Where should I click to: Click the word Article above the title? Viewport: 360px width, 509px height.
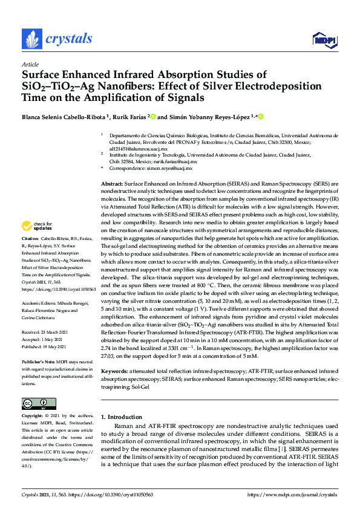(x=30, y=64)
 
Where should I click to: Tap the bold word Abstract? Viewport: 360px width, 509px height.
(x=111, y=183)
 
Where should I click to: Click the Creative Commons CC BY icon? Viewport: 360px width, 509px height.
(x=34, y=403)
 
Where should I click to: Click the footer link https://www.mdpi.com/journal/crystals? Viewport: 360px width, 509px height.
(x=293, y=494)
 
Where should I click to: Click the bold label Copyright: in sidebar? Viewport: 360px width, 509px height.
(x=34, y=416)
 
